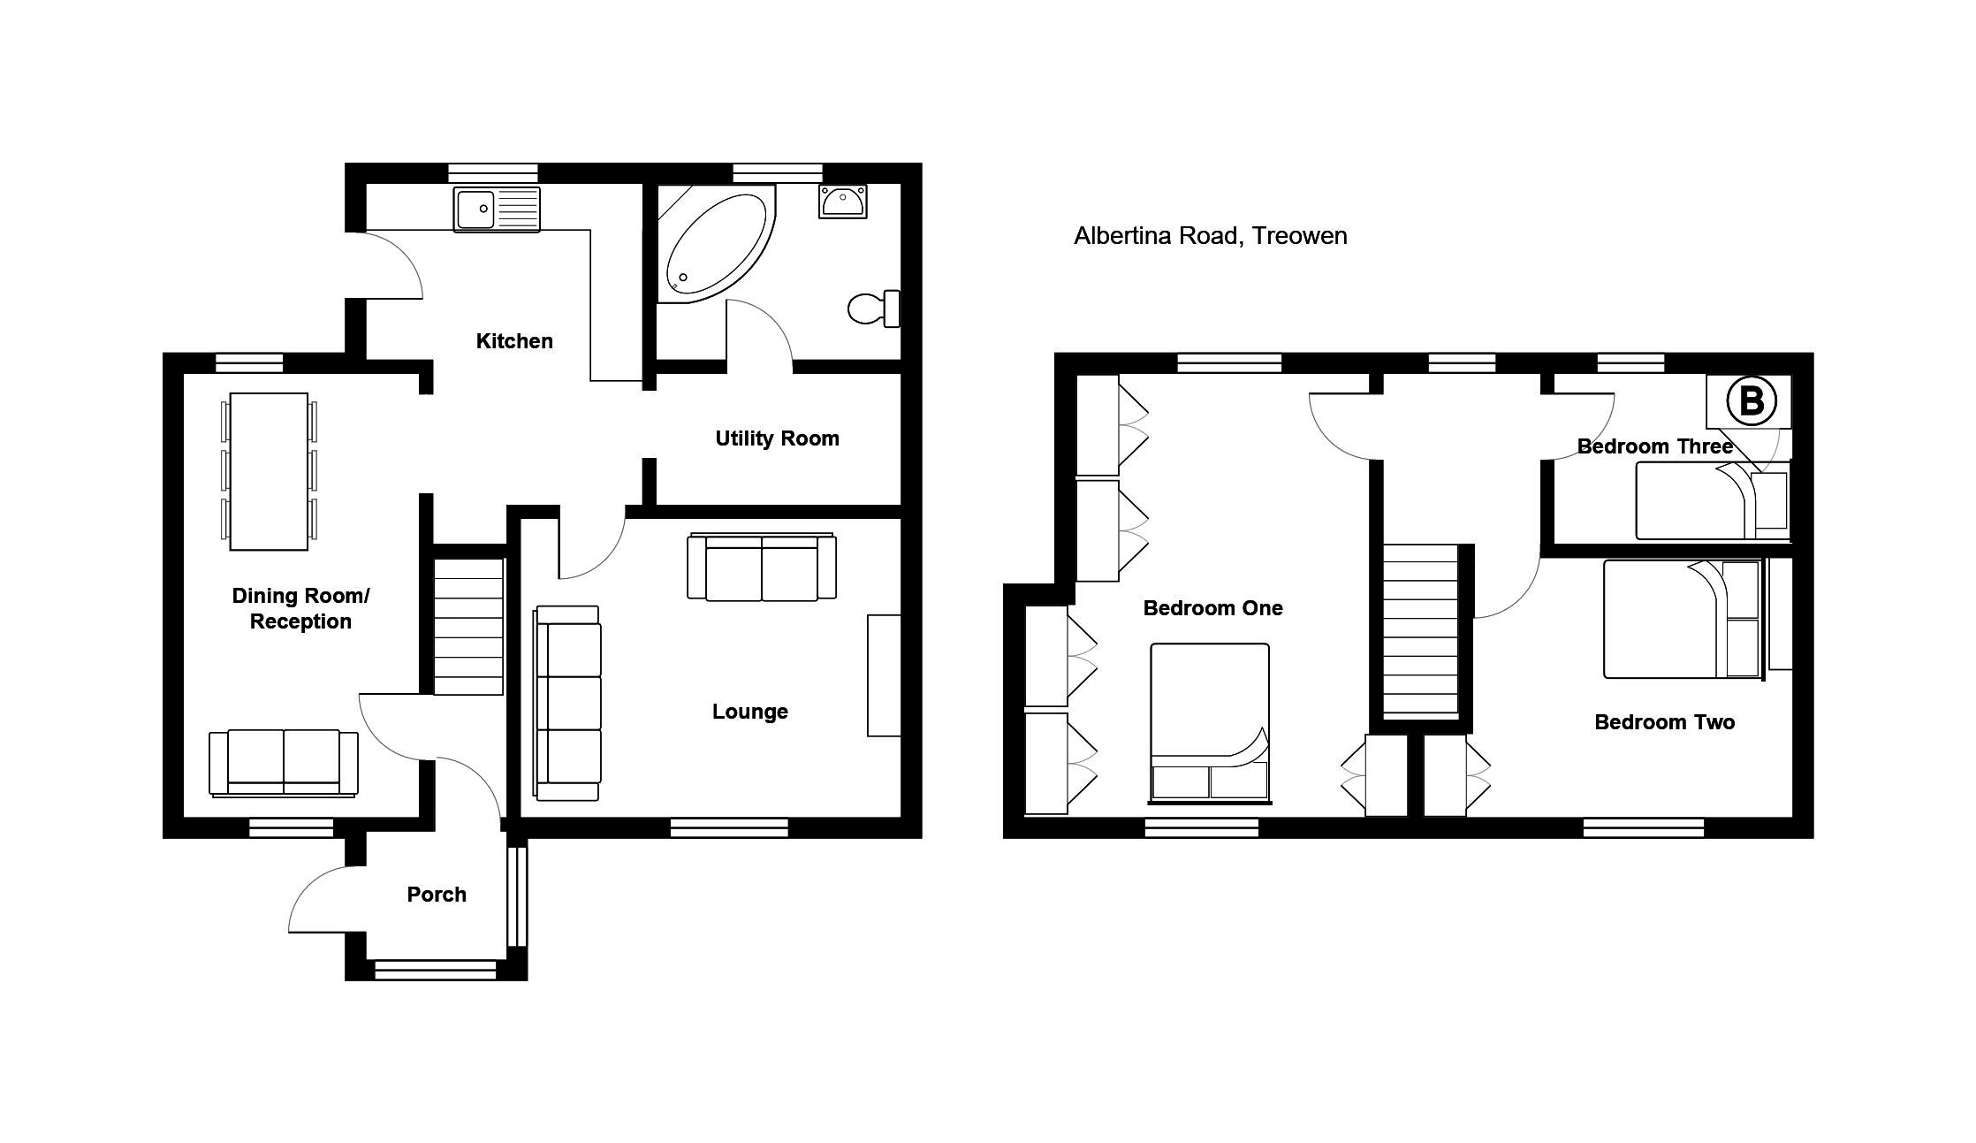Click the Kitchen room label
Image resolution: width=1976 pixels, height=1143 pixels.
514,341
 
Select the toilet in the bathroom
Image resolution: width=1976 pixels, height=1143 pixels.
874,309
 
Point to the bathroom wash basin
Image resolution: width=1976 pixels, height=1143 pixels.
842,202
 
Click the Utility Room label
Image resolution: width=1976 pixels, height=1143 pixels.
777,438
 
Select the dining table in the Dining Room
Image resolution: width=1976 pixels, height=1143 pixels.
269,471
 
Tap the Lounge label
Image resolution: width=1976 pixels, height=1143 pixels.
750,712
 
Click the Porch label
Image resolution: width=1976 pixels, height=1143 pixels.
437,895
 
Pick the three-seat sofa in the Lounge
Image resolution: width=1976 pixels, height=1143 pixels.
568,704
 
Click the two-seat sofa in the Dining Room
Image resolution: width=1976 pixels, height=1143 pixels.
284,763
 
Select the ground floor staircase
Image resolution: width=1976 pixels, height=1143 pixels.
468,626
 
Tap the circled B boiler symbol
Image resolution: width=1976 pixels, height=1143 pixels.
1751,401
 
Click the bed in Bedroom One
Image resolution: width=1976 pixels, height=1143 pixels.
1210,723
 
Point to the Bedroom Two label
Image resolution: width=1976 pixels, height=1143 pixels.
1664,722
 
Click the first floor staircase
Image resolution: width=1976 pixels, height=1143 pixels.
1420,629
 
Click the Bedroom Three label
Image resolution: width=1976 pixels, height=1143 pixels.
1654,446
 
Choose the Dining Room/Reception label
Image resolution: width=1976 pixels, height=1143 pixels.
300,608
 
